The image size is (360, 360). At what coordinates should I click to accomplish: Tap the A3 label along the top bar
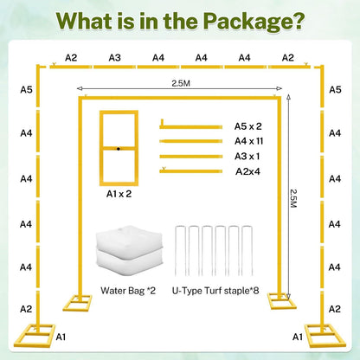(114, 58)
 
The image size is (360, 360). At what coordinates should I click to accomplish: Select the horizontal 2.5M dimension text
(181, 83)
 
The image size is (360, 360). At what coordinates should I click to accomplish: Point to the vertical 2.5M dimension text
(293, 198)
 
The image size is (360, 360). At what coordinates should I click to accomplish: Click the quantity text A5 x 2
(247, 126)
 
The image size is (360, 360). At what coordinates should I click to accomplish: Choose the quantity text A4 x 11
(248, 141)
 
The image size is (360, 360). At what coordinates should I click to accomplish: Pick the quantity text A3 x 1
(247, 157)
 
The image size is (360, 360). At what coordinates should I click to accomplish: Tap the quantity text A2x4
(247, 171)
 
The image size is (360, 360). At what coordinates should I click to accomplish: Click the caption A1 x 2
(119, 194)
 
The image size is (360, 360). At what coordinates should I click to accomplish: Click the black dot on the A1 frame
(119, 149)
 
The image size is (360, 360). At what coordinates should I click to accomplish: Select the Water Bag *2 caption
(128, 291)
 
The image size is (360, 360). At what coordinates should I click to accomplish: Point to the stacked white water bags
(129, 248)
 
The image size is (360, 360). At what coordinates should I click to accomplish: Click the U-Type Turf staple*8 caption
(215, 291)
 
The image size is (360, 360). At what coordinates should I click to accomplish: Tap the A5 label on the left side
(26, 90)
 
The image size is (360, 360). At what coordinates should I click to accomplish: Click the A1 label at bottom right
(298, 337)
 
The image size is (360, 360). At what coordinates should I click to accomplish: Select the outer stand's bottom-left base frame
(35, 336)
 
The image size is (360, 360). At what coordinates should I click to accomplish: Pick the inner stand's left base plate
(77, 303)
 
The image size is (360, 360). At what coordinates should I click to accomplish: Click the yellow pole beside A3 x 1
(191, 157)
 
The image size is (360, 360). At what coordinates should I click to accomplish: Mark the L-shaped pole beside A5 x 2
(191, 127)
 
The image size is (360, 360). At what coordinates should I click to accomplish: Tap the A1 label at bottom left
(61, 337)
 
